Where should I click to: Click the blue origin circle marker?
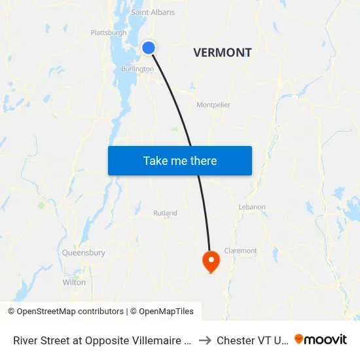[149, 48]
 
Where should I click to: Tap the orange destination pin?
[211, 261]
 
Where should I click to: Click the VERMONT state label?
[223, 53]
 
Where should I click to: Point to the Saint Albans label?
[153, 12]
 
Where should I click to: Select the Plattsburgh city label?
[109, 33]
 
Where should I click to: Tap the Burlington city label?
[137, 69]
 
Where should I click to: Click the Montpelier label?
[213, 105]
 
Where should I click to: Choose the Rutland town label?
[165, 213]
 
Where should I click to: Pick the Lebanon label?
[252, 207]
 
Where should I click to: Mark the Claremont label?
[241, 251]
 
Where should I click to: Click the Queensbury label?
[84, 253]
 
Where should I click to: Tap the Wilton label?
[74, 283]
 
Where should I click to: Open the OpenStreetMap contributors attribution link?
[65, 312]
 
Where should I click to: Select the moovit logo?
[321, 340]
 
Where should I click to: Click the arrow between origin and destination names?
[204, 340]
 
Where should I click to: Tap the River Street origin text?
[101, 340]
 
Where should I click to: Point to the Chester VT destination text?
[252, 340]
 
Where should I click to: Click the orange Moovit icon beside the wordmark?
[299, 339]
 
